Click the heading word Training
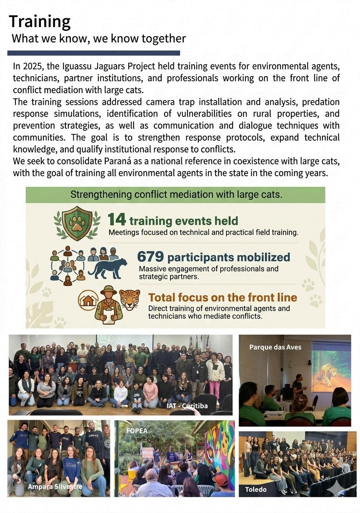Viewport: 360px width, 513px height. click(40, 21)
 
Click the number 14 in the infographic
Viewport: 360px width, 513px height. click(117, 220)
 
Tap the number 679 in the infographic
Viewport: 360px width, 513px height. click(150, 256)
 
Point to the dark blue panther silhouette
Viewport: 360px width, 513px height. click(108, 269)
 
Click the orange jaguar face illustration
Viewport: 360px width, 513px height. click(130, 299)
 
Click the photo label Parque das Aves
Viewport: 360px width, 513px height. click(275, 347)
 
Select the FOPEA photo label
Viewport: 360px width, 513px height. click(137, 431)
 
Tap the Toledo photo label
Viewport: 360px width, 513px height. click(256, 489)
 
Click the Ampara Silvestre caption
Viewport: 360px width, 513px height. click(55, 486)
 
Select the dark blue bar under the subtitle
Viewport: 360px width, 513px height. click(93, 53)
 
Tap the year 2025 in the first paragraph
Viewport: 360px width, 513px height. click(32, 66)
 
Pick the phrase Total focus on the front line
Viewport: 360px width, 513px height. click(222, 297)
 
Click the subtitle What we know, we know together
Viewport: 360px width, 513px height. click(99, 39)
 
